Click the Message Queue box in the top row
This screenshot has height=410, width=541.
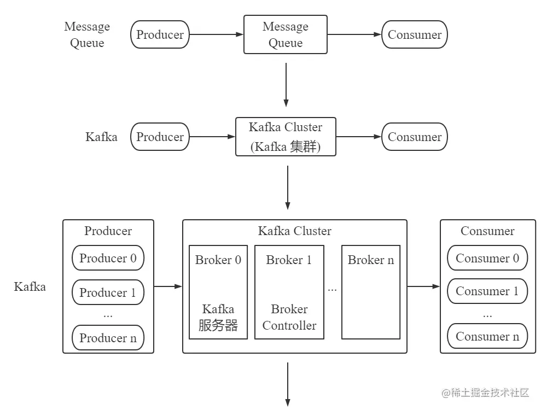(x=285, y=34)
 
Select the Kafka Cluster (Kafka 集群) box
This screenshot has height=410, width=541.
(x=285, y=137)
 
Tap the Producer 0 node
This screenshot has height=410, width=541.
(x=108, y=258)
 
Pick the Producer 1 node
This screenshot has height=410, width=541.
(x=108, y=292)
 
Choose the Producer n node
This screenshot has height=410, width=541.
(x=108, y=337)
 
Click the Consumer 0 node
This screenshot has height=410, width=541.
(x=487, y=258)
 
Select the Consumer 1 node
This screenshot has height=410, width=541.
(x=487, y=291)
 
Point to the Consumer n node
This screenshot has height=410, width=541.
(x=487, y=337)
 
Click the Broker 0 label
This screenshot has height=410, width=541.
(x=218, y=260)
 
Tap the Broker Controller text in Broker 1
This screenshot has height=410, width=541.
(x=289, y=318)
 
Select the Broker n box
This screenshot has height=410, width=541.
(x=370, y=292)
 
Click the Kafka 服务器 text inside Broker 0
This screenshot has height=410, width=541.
(x=218, y=318)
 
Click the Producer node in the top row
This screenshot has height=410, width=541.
(x=160, y=34)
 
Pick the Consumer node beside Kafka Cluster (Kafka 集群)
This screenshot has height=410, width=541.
(x=414, y=137)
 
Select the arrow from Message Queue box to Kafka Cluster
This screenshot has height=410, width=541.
(x=286, y=85)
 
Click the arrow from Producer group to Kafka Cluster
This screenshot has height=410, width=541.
(x=168, y=286)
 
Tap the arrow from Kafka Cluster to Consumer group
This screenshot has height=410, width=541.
(x=423, y=286)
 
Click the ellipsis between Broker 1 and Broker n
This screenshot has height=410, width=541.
(x=332, y=289)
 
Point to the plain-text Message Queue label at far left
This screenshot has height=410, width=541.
(x=87, y=34)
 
